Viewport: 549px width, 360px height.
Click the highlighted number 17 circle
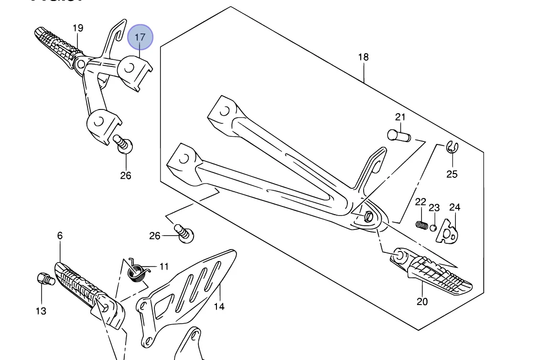coord(140,37)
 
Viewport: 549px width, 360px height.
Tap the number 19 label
coord(78,28)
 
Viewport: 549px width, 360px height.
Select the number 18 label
coord(364,57)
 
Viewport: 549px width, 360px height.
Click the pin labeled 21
coord(398,136)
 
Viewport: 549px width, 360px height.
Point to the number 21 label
coord(400,117)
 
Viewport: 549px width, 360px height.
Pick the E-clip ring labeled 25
coord(451,148)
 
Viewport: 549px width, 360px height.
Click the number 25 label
coord(452,174)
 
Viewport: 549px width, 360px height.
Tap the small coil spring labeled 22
coord(421,224)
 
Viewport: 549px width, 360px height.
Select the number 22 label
coord(420,202)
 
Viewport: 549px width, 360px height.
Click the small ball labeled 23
coord(433,227)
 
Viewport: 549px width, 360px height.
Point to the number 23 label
coord(434,208)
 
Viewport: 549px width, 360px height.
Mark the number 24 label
coord(455,207)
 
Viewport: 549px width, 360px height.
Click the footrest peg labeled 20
coord(435,273)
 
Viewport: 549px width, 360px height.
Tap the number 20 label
coord(422,302)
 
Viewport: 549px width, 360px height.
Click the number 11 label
coord(164,267)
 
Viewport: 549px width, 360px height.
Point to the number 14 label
coord(219,307)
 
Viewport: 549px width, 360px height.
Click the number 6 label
coord(60,236)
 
